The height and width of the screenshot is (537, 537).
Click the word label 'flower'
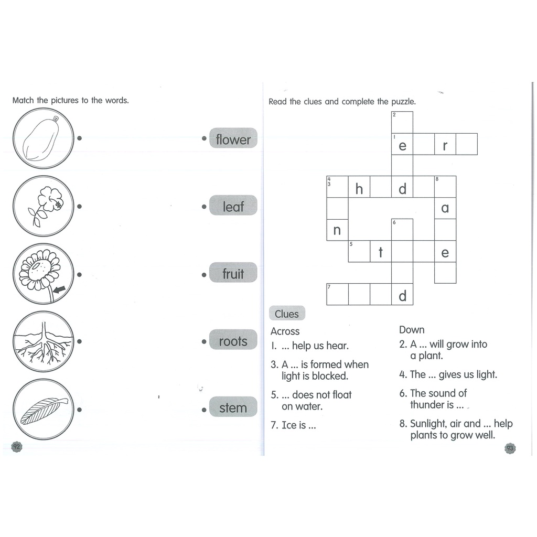click(233, 138)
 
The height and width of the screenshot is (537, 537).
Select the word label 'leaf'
click(233, 206)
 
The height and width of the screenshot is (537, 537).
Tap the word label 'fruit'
click(233, 273)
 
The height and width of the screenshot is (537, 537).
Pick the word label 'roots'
click(233, 340)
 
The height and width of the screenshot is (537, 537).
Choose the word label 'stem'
click(233, 407)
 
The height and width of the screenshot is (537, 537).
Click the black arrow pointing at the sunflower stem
click(59, 289)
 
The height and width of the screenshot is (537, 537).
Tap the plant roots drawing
click(44, 342)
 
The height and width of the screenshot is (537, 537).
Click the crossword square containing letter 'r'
click(445, 144)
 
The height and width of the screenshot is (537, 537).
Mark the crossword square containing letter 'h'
click(359, 187)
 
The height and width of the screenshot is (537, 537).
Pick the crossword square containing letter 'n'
click(337, 230)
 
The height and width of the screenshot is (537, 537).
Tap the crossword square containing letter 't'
click(381, 251)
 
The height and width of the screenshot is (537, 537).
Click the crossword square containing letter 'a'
click(445, 208)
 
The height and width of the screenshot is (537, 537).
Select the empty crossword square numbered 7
click(337, 294)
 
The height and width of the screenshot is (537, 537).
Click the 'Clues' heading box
click(287, 314)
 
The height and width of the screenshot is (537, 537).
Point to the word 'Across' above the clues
click(285, 331)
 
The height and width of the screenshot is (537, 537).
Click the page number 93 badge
click(510, 448)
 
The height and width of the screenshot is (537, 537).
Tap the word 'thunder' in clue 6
click(426, 405)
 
